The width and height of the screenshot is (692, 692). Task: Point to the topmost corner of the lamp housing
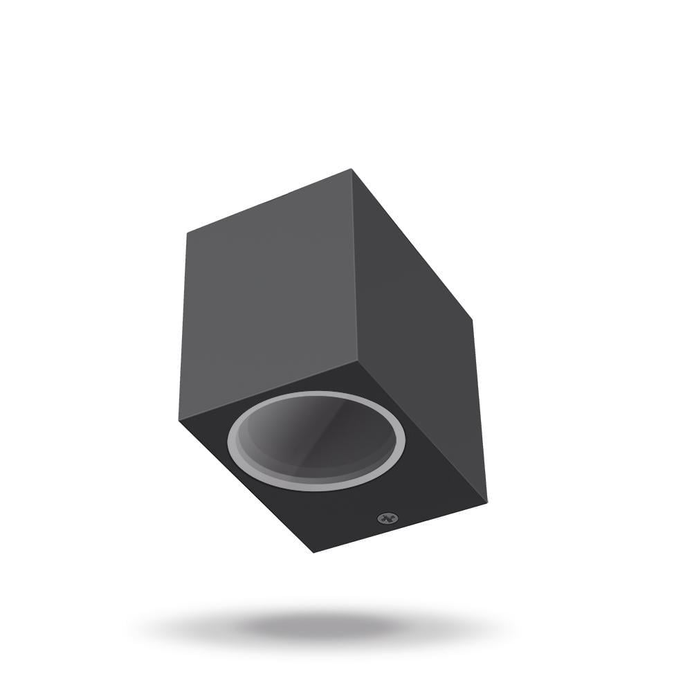[352, 169]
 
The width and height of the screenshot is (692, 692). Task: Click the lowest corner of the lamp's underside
[313, 552]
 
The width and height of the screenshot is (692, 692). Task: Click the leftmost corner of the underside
[179, 419]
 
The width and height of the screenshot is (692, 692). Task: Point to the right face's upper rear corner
[471, 319]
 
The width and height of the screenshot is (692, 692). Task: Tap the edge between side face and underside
[422, 432]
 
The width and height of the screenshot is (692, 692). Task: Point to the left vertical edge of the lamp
[183, 325]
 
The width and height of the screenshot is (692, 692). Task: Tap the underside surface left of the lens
[208, 429]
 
